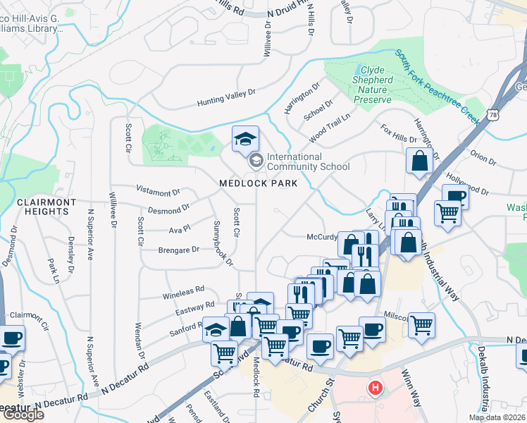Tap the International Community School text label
point(304,161)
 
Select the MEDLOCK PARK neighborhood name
point(259,183)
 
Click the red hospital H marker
point(376,387)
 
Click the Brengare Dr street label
point(179,250)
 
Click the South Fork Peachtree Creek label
point(438,84)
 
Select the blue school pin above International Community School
point(245,140)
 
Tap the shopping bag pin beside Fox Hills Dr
point(420,160)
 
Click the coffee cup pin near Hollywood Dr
point(456,197)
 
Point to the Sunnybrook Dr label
point(223,243)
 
